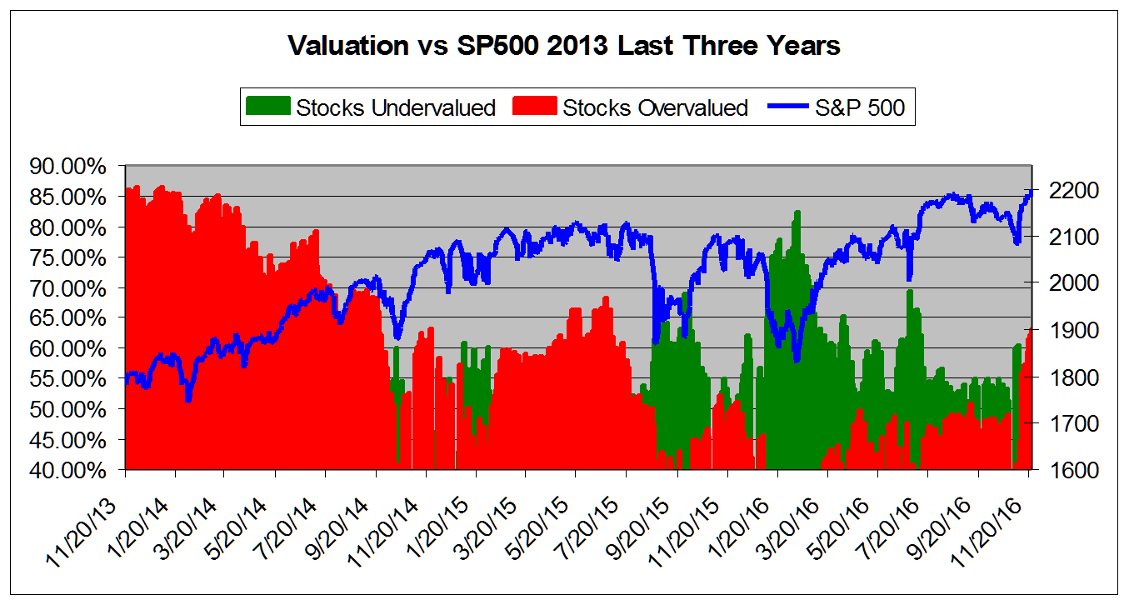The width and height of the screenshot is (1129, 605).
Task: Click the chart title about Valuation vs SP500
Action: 564,46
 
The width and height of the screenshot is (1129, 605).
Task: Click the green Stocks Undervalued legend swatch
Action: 268,107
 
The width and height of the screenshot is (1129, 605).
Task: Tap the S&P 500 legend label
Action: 859,107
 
